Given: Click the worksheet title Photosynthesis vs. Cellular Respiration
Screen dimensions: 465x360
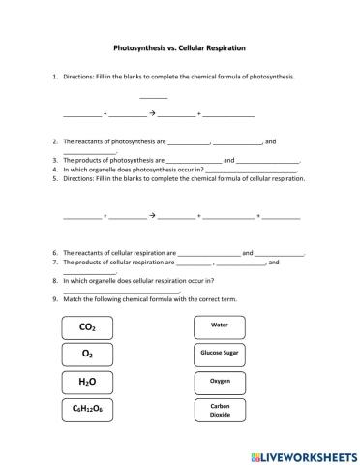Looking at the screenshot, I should [180, 46].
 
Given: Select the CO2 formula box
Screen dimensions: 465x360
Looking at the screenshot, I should [89, 327].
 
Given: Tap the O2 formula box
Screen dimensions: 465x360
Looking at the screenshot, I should [89, 355].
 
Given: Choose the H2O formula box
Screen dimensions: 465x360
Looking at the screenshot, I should [89, 382].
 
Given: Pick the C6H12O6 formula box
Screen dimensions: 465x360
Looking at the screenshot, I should [89, 410].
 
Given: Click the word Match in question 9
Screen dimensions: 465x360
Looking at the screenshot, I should [74, 299].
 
